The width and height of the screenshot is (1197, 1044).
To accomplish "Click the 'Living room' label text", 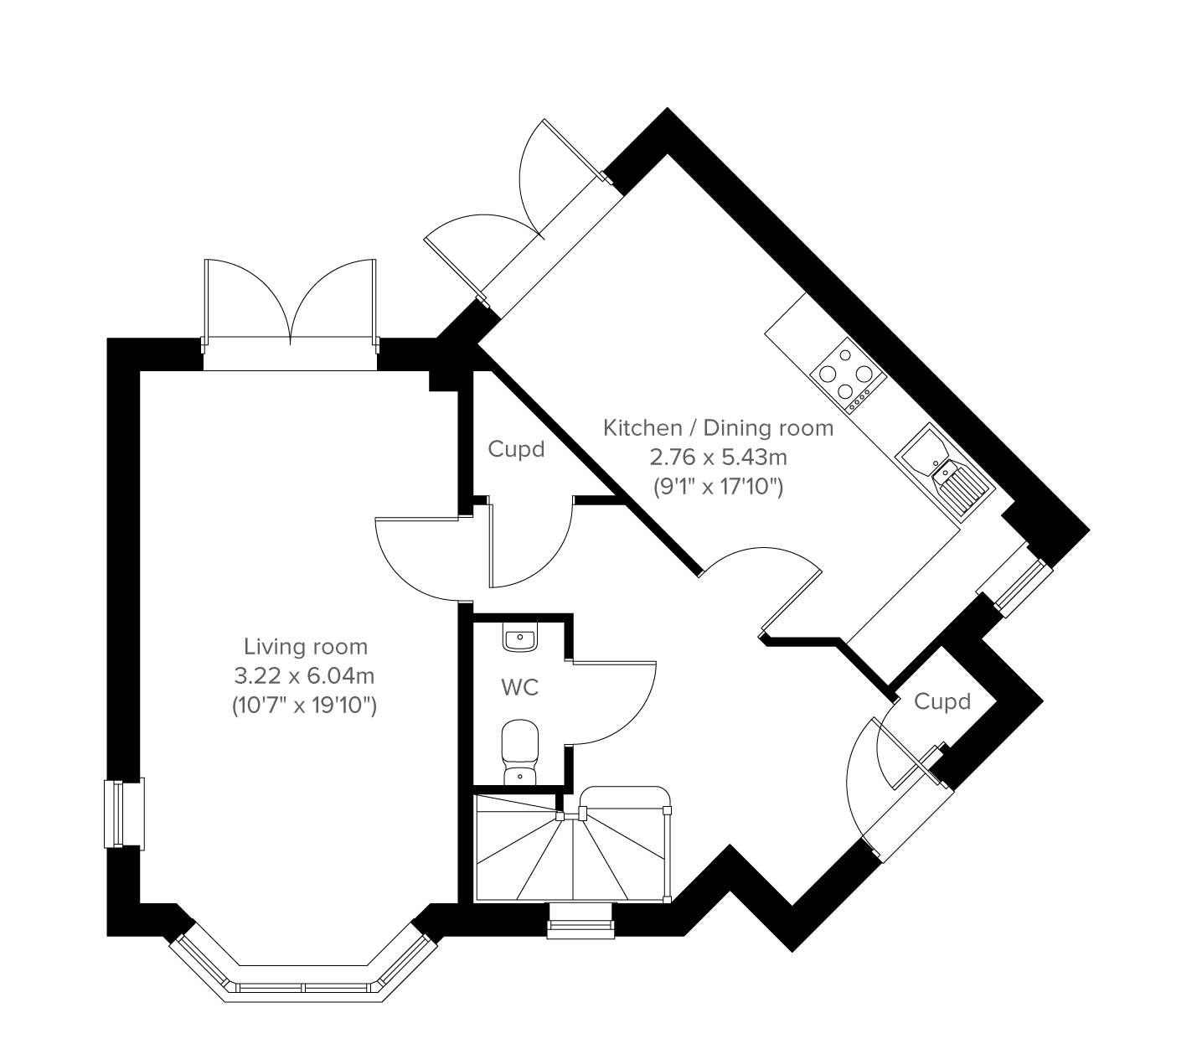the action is click(306, 647).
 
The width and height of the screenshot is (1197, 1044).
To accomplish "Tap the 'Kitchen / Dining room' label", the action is click(718, 428).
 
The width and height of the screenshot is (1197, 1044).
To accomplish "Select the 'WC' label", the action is click(519, 688).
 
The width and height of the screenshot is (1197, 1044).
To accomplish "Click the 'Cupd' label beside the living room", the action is click(516, 449).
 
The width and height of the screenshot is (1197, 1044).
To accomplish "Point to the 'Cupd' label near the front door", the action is click(942, 701).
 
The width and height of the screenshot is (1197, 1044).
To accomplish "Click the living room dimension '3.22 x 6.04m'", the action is click(304, 676).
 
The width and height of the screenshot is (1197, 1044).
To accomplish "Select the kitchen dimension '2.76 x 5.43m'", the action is click(719, 457).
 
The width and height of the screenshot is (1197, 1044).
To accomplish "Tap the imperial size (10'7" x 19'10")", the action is click(304, 706).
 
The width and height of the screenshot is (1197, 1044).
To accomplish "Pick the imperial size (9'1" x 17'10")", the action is click(718, 487).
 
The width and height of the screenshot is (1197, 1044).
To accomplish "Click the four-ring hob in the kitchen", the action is click(849, 375).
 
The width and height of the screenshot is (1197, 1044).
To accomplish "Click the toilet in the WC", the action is click(519, 752).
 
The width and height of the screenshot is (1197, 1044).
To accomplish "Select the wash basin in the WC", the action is click(519, 638).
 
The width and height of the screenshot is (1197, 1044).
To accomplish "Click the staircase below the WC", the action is click(573, 845).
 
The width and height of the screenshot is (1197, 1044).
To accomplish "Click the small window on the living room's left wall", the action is click(124, 814).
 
